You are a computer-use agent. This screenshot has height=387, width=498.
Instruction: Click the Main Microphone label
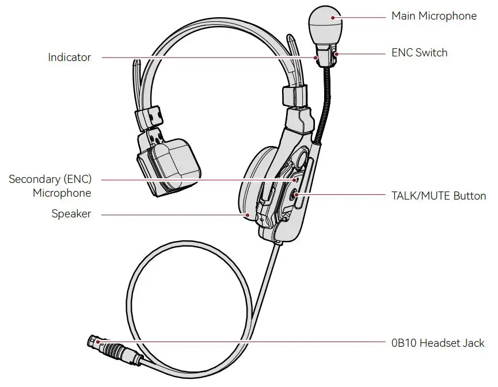click(434, 16)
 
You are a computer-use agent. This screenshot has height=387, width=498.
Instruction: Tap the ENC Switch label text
click(419, 53)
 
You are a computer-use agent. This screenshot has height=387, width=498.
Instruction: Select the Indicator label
click(69, 58)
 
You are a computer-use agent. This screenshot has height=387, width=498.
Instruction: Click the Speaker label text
click(71, 214)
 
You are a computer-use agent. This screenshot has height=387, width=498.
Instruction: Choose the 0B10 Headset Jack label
click(438, 343)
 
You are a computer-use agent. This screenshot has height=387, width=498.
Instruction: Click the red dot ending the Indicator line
click(316, 58)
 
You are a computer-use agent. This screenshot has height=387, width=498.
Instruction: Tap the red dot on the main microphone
click(332, 17)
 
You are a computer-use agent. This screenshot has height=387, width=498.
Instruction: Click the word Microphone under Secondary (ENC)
click(62, 193)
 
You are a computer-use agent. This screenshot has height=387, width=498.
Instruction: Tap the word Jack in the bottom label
click(473, 343)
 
